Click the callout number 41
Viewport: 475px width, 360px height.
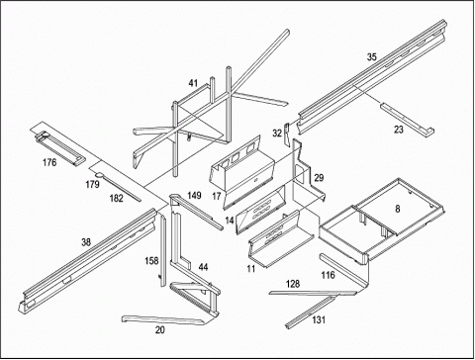click(193, 83)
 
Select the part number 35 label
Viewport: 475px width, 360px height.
click(372, 57)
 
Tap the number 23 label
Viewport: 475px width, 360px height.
click(399, 130)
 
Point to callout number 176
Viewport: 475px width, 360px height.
click(49, 162)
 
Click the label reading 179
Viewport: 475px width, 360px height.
click(92, 184)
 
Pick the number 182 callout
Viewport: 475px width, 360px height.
click(116, 198)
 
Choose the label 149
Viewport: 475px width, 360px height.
click(194, 195)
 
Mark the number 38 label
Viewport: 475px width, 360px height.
click(86, 242)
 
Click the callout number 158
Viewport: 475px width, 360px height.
click(151, 261)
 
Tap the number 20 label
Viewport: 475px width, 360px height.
click(160, 329)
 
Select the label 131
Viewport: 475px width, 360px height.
click(319, 319)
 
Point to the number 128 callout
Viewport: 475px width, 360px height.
click(293, 284)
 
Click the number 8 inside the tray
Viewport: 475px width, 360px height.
click(398, 209)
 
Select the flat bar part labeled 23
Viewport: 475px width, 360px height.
click(408, 120)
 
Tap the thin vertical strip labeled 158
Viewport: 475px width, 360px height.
click(163, 250)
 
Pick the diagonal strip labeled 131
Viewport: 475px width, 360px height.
click(310, 312)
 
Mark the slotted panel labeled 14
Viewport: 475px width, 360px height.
click(260, 210)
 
